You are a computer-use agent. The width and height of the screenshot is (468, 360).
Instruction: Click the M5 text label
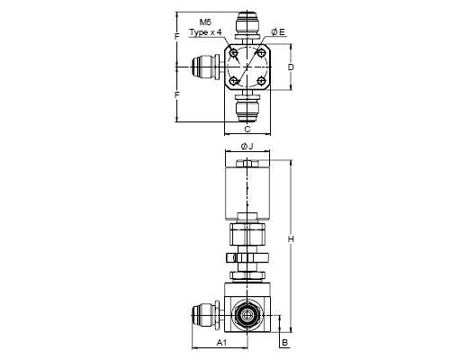coord(205,22)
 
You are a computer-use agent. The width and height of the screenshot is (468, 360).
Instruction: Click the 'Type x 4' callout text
coord(205,31)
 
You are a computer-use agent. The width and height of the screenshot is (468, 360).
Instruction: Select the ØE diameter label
coord(278,32)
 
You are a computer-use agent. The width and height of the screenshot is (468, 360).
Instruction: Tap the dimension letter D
coord(291,67)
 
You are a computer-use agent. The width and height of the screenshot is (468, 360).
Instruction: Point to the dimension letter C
coord(247,130)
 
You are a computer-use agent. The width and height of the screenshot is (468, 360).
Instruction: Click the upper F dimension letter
coord(177,37)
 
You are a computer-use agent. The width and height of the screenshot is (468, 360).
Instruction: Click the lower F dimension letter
coord(177,95)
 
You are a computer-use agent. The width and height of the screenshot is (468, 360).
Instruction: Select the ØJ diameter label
coord(247,147)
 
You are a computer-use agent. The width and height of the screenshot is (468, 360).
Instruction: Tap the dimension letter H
coord(291,239)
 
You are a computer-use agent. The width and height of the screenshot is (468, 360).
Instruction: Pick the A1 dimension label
coord(221,342)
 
